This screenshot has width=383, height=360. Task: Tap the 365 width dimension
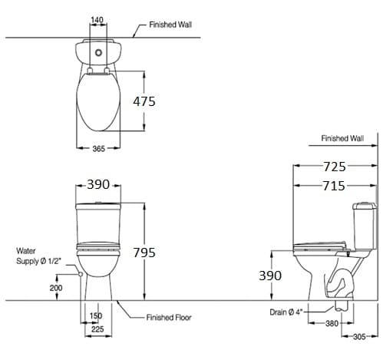[x=97, y=149]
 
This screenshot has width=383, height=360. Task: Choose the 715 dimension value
[x=335, y=185]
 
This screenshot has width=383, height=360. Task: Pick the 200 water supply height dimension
[x=55, y=287]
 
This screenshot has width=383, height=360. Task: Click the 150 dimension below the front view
[x=96, y=315]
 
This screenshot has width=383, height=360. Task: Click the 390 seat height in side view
[x=269, y=275]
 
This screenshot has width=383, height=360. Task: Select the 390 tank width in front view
[x=98, y=185]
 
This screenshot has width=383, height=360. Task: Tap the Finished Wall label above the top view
[x=170, y=25]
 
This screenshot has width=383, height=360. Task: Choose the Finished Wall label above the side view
[x=342, y=139]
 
